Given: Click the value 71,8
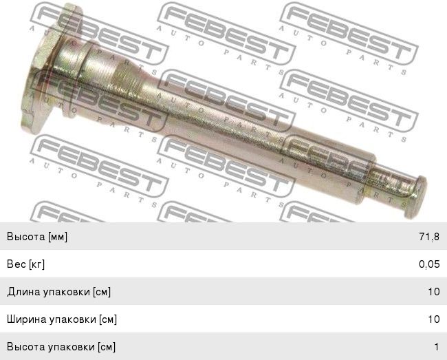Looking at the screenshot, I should pos(429,237).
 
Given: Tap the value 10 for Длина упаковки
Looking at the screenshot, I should pos(433,292).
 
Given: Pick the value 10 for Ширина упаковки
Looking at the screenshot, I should pos(433,319).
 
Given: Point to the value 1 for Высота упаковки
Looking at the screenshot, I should pos(436,347).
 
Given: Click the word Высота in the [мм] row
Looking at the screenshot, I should pos(26,237).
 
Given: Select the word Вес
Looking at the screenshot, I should pos(17,264).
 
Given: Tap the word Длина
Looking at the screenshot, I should pos(23,292).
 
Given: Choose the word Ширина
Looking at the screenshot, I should pos(27,319).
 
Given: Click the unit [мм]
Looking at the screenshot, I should pos(58,237).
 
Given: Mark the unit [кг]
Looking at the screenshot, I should pos(36,264).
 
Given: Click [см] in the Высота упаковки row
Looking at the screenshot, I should pos(107,347).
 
